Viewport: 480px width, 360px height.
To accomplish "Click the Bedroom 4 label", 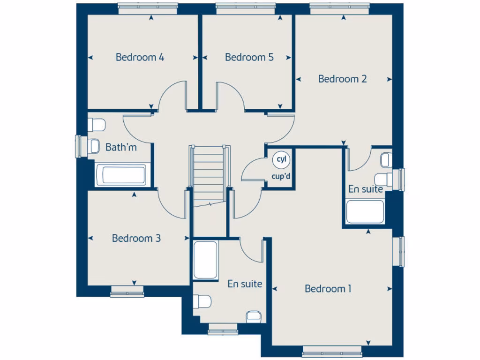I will click(140, 57).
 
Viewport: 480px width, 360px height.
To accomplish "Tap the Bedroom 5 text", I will click(249, 57).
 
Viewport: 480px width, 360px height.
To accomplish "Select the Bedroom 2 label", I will click(342, 79).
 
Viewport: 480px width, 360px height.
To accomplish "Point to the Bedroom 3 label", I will click(136, 238).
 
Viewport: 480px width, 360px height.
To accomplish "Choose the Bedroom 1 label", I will click(328, 289).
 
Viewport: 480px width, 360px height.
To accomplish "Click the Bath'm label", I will click(121, 147).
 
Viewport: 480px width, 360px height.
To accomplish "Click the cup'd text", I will click(281, 177).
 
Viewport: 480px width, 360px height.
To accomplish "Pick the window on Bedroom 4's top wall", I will click(148, 7).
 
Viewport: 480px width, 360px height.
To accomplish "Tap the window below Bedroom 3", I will click(127, 294).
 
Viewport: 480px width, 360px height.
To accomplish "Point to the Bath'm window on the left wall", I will click(79, 146).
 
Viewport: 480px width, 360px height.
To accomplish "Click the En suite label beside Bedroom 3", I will click(245, 284).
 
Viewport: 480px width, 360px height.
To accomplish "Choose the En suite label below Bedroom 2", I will click(365, 189).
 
